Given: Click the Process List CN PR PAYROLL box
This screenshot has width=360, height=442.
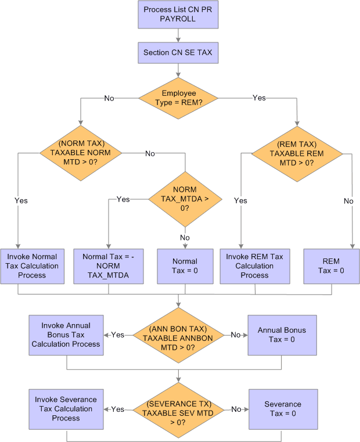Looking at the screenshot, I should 178,15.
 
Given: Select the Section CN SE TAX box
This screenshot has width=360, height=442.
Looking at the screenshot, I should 178,53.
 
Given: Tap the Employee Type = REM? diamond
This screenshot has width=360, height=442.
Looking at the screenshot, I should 178,98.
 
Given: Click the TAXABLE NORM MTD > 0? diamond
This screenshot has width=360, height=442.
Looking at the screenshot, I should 81,153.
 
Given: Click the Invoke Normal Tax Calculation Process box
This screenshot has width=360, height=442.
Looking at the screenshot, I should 32,266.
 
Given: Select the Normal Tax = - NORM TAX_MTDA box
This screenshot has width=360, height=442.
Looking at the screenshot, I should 109,266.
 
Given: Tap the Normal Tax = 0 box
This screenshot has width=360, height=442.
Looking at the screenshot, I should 185,266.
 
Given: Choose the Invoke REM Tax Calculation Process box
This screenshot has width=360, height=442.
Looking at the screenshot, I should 254,266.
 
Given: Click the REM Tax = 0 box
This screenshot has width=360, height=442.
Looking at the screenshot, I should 332,266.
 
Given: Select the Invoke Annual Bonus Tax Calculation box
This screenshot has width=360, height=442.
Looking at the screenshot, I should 66,335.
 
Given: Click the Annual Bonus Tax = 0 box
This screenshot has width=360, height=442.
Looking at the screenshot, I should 282,335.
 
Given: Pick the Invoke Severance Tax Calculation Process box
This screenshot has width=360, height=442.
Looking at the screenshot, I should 66,409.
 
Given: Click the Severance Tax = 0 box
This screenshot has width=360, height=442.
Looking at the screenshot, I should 282,409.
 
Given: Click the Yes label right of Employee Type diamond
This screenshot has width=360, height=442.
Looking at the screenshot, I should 259,98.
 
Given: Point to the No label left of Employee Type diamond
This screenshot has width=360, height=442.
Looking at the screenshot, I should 109,98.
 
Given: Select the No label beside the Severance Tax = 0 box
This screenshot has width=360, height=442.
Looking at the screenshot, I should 236,409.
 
